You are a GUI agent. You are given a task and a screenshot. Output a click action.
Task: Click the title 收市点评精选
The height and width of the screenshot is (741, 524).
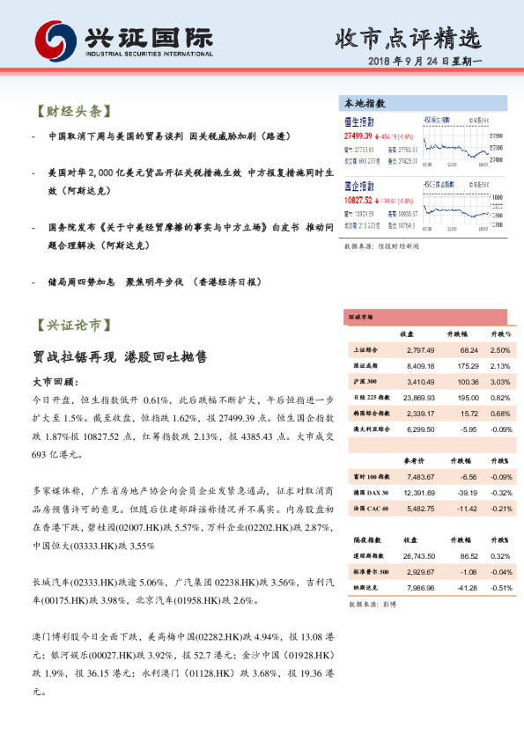tap(408, 40)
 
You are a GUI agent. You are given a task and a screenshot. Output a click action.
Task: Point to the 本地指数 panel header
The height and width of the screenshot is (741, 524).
tap(364, 103)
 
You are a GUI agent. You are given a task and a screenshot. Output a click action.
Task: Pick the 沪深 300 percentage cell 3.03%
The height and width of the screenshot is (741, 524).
tap(500, 382)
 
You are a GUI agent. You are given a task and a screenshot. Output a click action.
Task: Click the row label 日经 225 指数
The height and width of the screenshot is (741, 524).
tap(364, 398)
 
